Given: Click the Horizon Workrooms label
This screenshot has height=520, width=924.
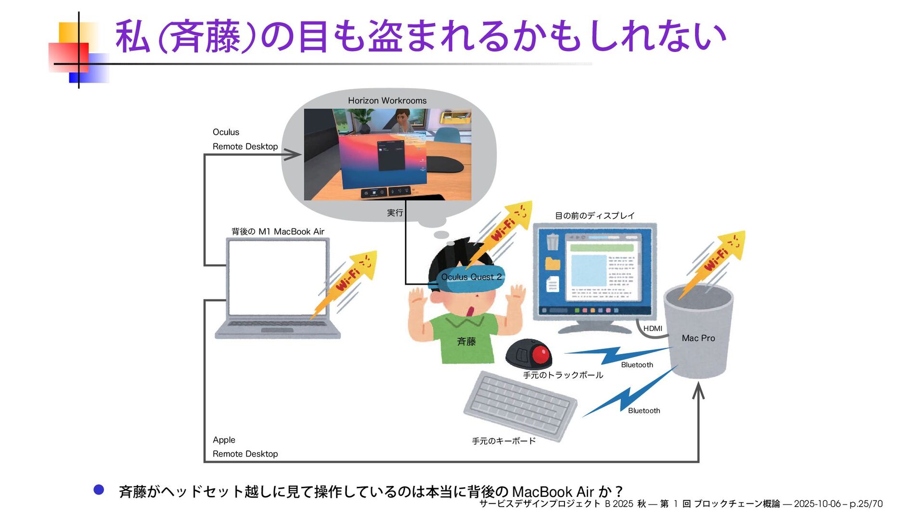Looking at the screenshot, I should click(x=387, y=101).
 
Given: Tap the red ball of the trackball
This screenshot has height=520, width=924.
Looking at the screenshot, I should click(x=540, y=354).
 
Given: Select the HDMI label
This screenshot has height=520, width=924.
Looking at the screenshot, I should click(x=653, y=329).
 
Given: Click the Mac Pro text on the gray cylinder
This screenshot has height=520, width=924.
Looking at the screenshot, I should click(x=698, y=338).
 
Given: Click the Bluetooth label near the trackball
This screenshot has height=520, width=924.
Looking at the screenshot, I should click(x=637, y=365).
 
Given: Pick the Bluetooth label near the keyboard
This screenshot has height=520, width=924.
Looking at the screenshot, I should click(x=643, y=410).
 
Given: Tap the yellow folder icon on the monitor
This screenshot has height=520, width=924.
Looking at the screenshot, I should click(x=552, y=263).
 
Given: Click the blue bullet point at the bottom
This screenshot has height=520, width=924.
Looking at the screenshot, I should click(x=99, y=490).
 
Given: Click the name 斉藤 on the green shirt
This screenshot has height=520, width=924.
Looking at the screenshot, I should click(x=466, y=342).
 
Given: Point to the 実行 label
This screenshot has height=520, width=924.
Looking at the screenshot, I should click(x=395, y=213).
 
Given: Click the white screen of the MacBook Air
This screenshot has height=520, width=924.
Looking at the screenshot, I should click(x=278, y=277).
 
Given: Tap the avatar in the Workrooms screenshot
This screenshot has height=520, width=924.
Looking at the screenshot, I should click(x=402, y=120).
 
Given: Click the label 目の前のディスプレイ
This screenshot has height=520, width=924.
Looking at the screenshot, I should click(x=594, y=216).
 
